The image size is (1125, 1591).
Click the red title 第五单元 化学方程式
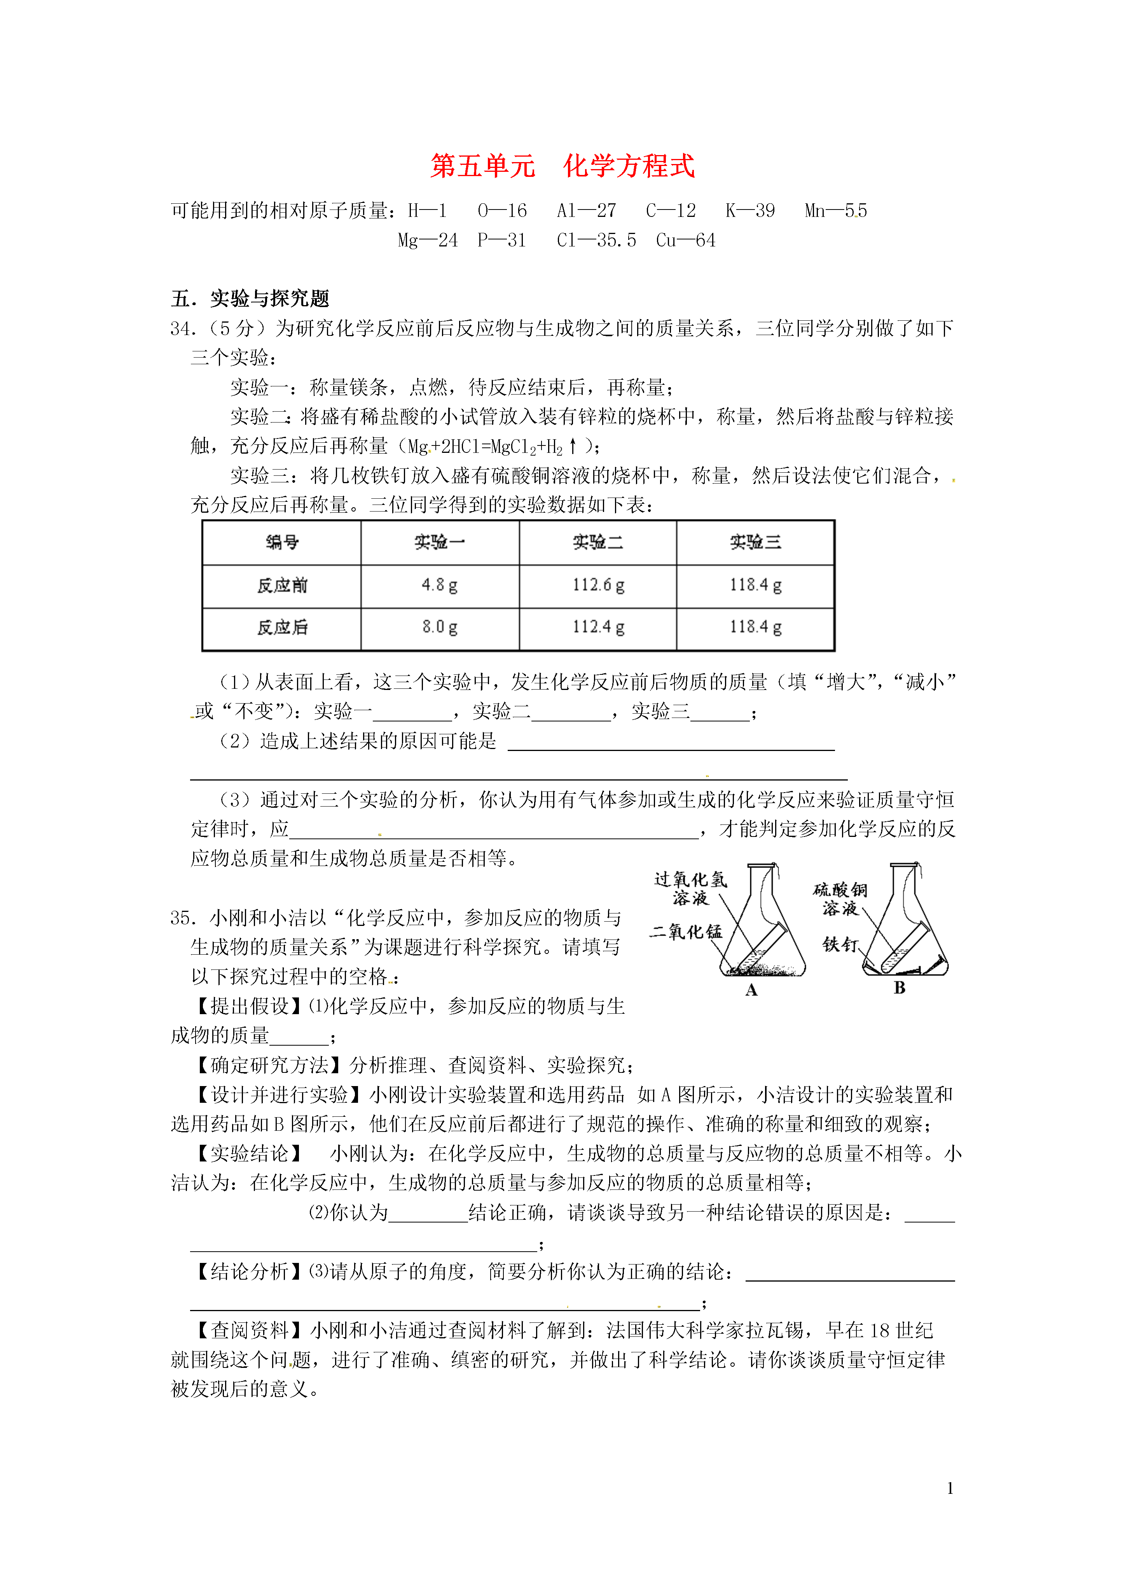coord(562,166)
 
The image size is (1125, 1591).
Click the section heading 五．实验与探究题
coord(250,299)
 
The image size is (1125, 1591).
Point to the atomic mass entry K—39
coord(750,211)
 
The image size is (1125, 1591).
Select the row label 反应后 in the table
coord(282,627)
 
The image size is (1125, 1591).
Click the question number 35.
coord(183,918)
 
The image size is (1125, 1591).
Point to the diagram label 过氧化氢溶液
coord(690,888)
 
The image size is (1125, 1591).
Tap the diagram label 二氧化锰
coord(686,932)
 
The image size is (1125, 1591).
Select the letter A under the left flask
coord(751,990)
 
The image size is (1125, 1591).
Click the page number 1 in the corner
coord(950,1488)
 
